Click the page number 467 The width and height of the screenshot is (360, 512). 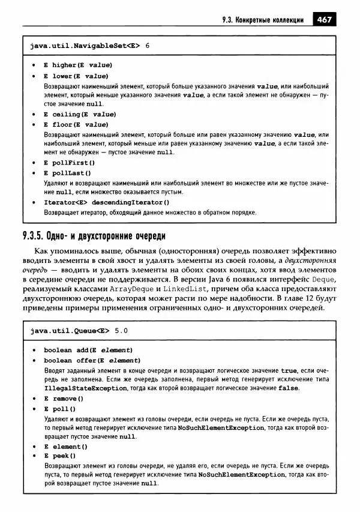point(325,20)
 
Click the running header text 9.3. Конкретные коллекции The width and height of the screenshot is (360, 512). point(263,20)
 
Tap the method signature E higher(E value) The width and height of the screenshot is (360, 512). point(77,65)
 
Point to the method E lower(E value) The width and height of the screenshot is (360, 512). point(76,76)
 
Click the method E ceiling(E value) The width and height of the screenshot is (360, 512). point(80,114)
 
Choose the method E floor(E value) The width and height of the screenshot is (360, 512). point(76,125)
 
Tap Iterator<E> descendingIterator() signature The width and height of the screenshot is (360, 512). point(102,202)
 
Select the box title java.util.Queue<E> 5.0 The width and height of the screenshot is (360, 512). point(79,330)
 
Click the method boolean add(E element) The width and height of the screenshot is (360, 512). point(88,350)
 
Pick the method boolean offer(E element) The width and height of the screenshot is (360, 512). point(91,361)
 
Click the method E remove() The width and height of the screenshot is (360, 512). point(63,399)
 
